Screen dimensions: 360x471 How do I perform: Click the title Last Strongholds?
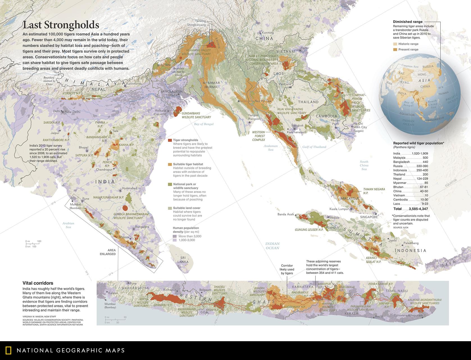tap(61, 25)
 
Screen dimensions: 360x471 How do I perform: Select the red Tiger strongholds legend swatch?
tap(170, 140)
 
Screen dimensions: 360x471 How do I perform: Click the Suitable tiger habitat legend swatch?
tap(170, 164)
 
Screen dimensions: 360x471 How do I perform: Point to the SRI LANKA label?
tap(183, 260)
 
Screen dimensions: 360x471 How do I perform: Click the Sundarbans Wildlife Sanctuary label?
tap(196, 115)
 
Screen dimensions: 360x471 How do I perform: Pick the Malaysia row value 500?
tap(425, 158)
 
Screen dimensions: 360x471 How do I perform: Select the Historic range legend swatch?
tap(395, 44)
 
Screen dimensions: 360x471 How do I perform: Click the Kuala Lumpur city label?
tap(339, 209)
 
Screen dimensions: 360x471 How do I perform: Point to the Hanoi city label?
tap(305, 48)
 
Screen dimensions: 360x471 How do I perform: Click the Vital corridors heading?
tap(38, 283)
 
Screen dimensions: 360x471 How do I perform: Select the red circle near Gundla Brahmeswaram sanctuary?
tap(125, 208)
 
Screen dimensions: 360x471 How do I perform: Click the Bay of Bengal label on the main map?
tap(204, 124)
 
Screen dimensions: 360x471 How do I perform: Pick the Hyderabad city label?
tap(130, 188)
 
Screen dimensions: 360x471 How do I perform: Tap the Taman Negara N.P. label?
tap(374, 191)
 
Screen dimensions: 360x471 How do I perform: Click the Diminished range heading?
tap(408, 22)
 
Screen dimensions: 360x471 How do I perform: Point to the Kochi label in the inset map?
tap(379, 317)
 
